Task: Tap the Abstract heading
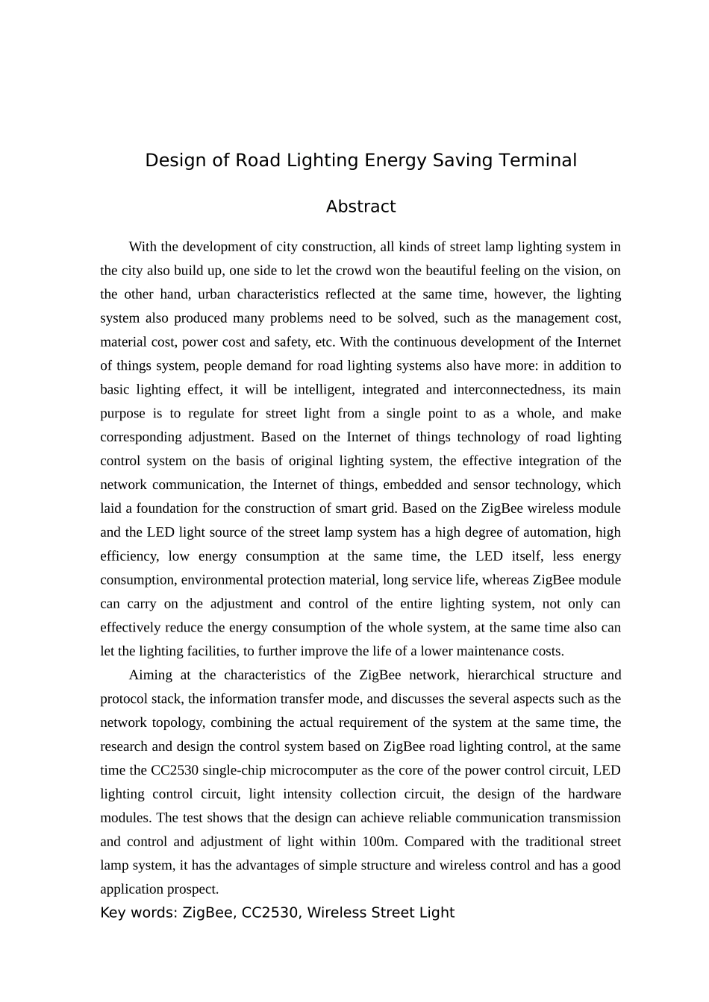tap(360, 207)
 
